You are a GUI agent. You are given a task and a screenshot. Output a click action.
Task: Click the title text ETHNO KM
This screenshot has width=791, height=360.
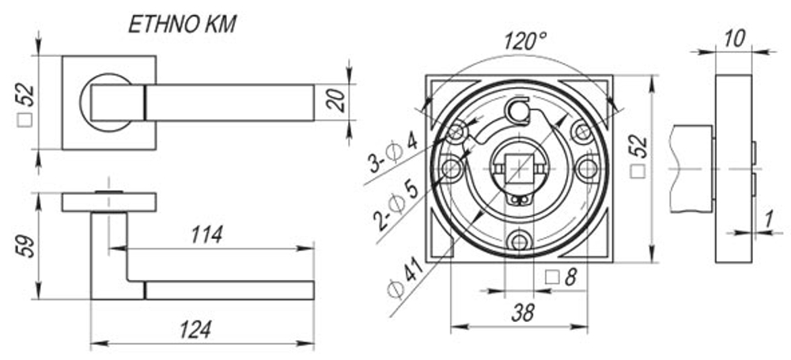click(182, 25)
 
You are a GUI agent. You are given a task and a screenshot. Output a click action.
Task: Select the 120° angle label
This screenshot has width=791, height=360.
click(525, 41)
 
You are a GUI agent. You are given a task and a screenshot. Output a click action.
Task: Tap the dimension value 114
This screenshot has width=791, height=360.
click(206, 235)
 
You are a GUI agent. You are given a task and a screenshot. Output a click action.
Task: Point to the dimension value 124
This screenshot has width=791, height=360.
click(195, 330)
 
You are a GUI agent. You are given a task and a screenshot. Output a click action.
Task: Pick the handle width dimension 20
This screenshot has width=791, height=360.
click(335, 100)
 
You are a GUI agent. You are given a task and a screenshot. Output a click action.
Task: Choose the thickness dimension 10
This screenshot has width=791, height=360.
click(734, 38)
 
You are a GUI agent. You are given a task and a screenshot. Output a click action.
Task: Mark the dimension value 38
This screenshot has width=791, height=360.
click(522, 313)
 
